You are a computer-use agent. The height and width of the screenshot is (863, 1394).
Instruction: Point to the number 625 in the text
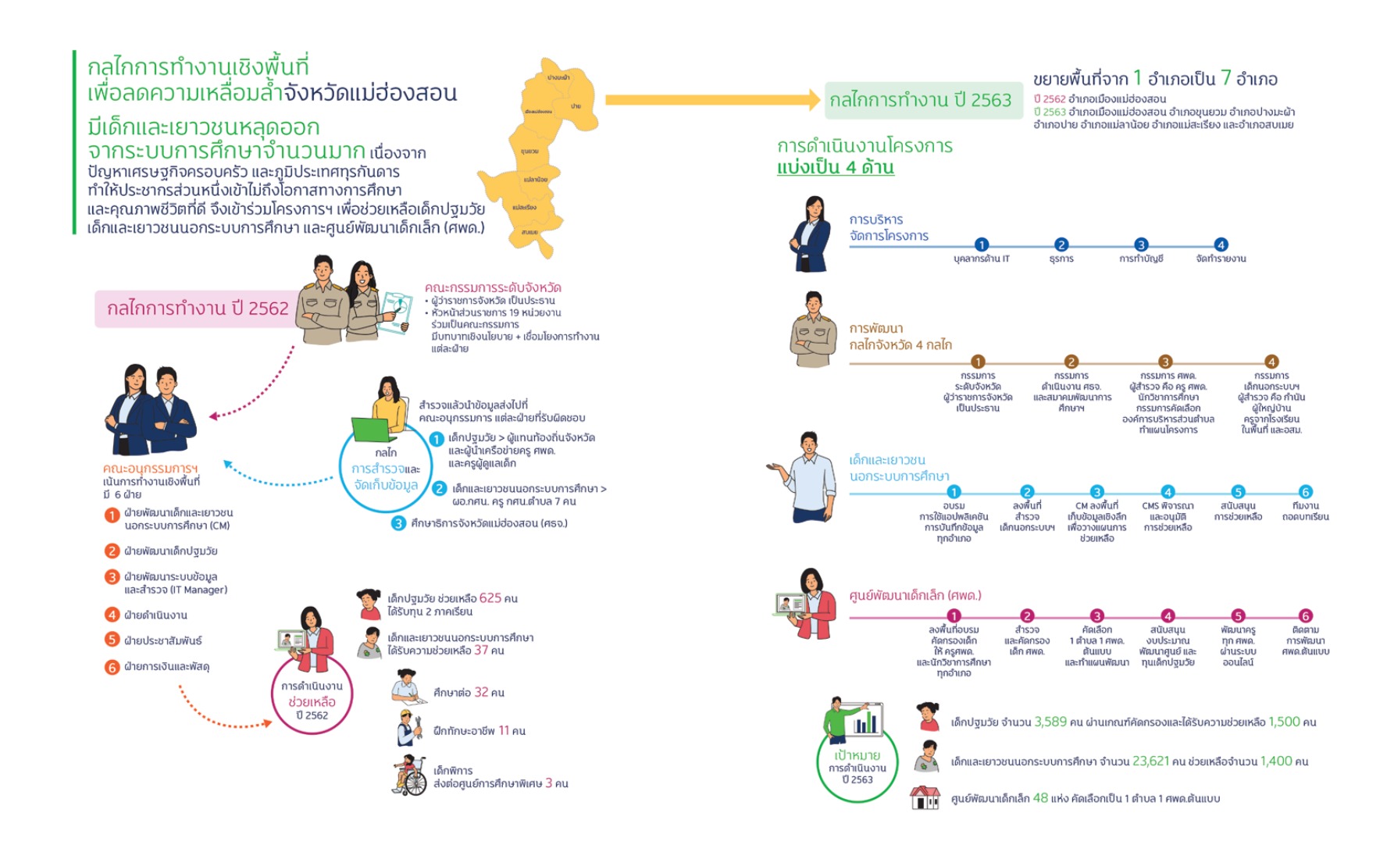(490, 598)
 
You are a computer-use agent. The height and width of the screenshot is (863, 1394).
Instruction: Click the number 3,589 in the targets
(1050, 722)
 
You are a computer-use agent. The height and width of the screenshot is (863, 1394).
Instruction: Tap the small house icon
(925, 797)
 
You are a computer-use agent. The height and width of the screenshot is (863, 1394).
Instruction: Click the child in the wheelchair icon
(409, 776)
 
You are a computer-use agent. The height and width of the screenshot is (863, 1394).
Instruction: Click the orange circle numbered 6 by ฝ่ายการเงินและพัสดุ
(112, 667)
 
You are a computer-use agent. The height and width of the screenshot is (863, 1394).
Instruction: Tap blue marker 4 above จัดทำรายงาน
(1221, 244)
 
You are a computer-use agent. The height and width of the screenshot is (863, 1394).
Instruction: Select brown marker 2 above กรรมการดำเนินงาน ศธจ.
(1071, 362)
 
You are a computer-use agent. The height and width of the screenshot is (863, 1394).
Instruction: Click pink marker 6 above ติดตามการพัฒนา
(1305, 615)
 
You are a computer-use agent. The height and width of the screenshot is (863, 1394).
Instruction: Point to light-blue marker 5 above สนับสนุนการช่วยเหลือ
(1238, 492)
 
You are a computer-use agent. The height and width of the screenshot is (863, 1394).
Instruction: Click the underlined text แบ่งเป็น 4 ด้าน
(835, 167)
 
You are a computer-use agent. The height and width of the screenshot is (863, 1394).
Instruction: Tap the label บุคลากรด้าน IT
(981, 259)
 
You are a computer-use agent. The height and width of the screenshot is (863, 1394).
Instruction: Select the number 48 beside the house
(1040, 798)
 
